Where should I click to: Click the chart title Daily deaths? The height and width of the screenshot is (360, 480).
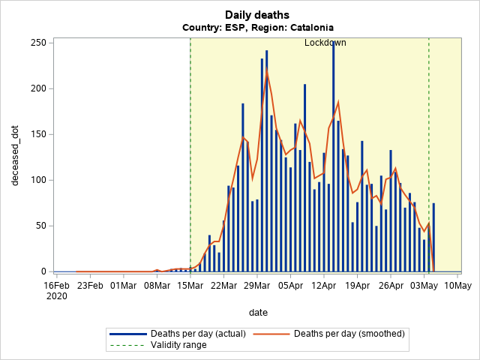256,15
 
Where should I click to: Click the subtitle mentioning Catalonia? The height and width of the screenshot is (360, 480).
257,27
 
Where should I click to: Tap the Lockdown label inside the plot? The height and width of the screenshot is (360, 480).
325,43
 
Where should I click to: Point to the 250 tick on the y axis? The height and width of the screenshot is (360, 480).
39,43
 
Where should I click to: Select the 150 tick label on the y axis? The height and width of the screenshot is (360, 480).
39,134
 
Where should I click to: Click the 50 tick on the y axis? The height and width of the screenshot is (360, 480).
41,226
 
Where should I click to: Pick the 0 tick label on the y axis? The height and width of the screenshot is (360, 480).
43,271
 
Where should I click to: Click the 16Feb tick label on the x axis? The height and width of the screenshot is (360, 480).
56,285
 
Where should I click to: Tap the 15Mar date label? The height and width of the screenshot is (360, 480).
190,285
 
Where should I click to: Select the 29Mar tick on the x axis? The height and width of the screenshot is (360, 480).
257,285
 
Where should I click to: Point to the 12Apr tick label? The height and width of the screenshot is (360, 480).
324,285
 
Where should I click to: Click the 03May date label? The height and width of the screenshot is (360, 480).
424,285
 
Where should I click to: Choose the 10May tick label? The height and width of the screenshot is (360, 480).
457,285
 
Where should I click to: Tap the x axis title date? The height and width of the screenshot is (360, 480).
257,312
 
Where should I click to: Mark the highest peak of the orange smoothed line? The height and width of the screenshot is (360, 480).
267,71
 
